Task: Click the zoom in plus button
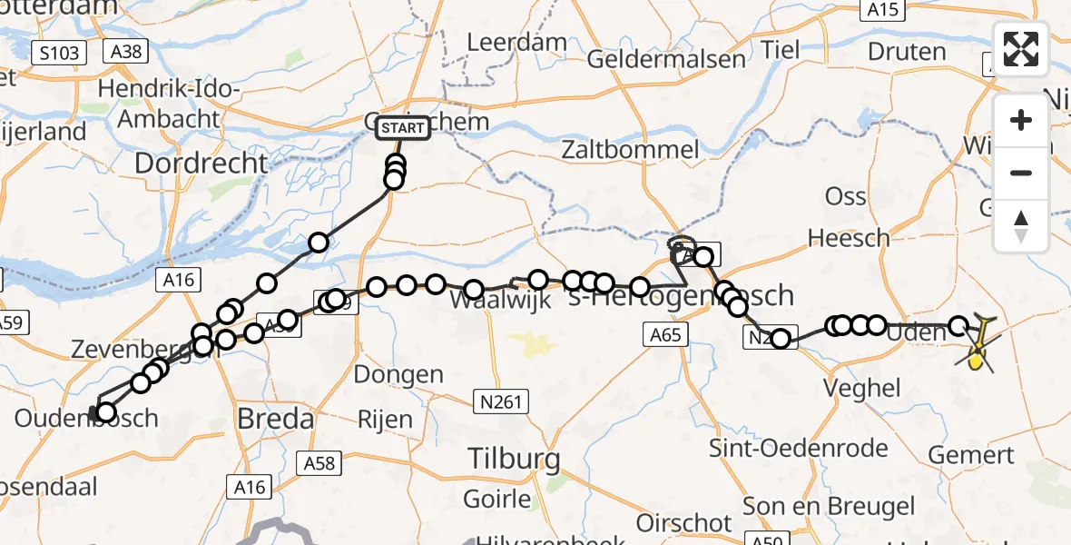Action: (1021, 120)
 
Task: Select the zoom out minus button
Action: (1021, 173)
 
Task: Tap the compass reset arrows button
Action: (1021, 225)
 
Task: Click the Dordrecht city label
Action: (201, 163)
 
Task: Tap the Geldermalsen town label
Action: (666, 60)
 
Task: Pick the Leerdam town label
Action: (516, 42)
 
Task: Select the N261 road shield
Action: (500, 401)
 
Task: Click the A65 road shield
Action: (665, 335)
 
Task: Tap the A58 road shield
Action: (318, 464)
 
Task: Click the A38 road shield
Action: (124, 52)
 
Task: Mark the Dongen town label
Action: (398, 374)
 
